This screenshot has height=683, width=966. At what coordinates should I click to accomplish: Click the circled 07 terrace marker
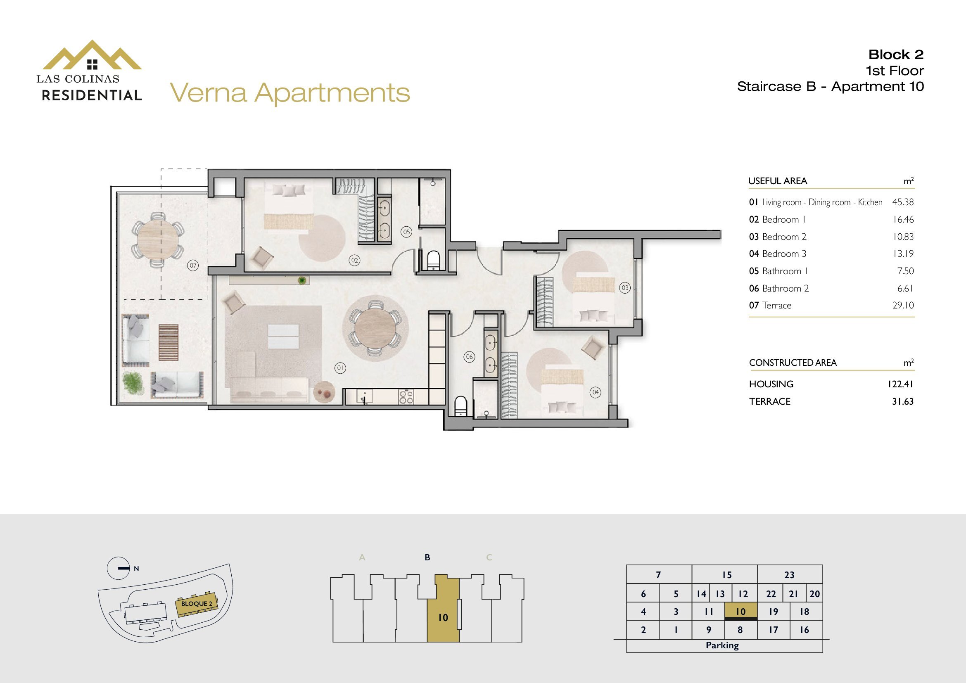tap(193, 266)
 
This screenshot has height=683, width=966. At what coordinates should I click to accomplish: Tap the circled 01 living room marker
tap(340, 368)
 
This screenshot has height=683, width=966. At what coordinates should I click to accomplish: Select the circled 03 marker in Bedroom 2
tap(625, 288)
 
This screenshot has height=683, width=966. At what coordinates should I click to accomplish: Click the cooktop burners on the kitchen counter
tap(406, 397)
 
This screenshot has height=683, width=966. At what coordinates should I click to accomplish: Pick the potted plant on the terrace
tap(133, 383)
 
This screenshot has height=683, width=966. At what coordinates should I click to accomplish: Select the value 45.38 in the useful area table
tap(903, 202)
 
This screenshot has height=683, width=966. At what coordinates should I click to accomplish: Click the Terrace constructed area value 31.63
tap(903, 401)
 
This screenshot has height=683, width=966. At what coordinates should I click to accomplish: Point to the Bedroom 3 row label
tap(784, 254)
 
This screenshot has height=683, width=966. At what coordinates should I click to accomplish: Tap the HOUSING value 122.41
tap(900, 384)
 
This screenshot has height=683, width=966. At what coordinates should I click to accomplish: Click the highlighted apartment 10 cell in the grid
tap(741, 612)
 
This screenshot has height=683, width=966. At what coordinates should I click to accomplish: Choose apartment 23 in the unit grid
tap(789, 574)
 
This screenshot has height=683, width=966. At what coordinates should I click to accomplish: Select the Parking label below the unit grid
tap(722, 645)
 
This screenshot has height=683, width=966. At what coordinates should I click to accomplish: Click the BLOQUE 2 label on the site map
tap(197, 604)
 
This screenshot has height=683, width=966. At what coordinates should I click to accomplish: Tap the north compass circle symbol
tap(118, 568)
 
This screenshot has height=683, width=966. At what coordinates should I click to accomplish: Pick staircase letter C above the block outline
tap(489, 557)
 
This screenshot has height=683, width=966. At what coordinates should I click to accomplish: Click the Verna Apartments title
tap(290, 93)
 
